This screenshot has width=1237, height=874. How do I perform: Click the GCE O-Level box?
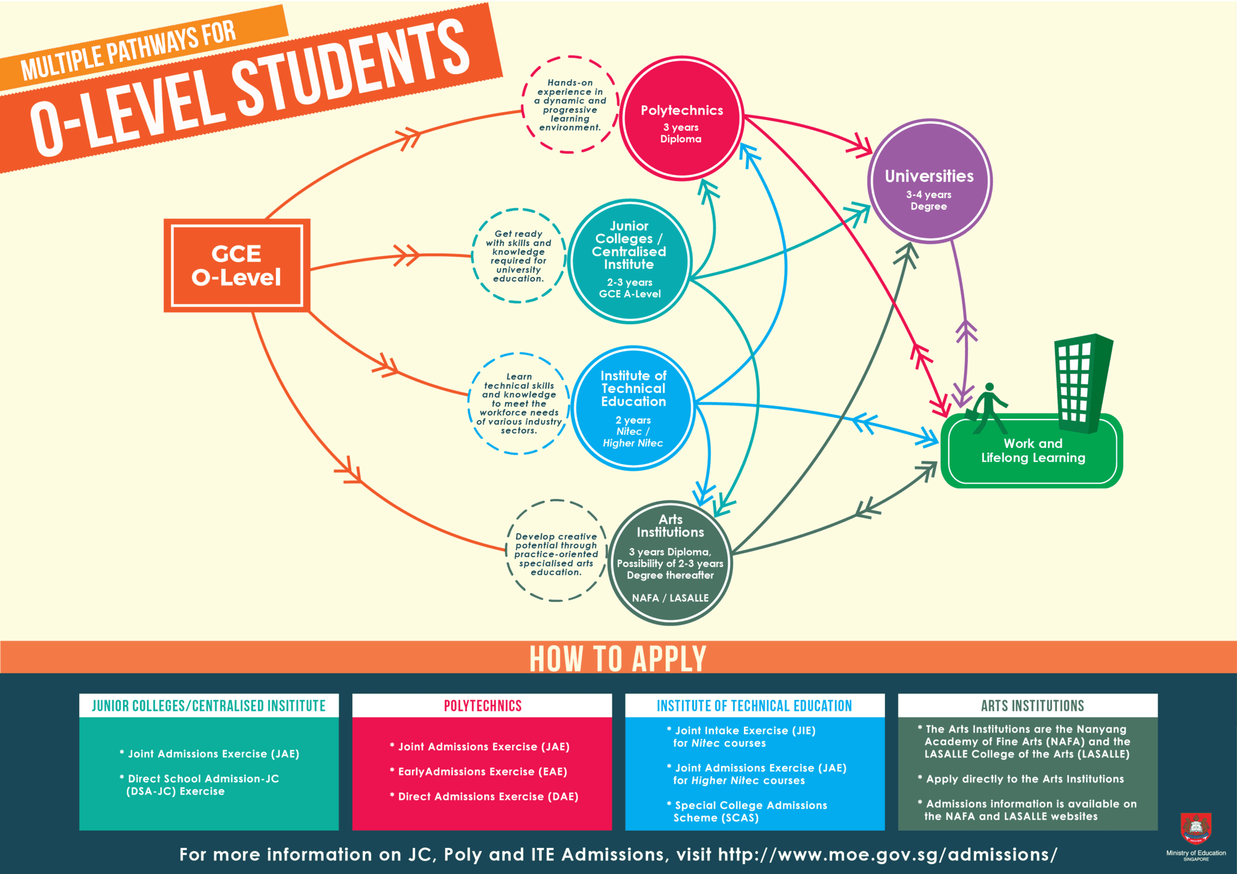[236, 265]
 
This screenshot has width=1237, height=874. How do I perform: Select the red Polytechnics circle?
[681, 118]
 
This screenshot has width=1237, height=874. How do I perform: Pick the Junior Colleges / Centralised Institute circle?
[629, 260]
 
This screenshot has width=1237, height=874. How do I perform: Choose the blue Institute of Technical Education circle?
[633, 408]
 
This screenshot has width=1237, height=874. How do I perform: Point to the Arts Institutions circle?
[670, 562]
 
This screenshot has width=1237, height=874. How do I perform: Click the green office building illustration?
[1082, 383]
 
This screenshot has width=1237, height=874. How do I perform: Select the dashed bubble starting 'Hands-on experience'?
[570, 105]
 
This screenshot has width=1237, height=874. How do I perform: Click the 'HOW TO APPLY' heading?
[618, 658]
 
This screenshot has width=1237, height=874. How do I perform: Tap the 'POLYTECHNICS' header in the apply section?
[482, 706]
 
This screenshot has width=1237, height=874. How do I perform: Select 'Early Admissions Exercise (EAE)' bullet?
[482, 771]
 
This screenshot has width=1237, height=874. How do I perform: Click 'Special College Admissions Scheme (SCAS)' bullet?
[750, 811]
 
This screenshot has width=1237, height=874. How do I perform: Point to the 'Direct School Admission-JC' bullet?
[202, 785]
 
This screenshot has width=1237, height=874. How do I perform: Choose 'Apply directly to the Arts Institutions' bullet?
[1024, 779]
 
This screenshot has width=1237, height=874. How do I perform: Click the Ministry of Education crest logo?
[1196, 829]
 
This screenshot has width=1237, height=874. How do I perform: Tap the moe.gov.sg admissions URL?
[887, 854]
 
